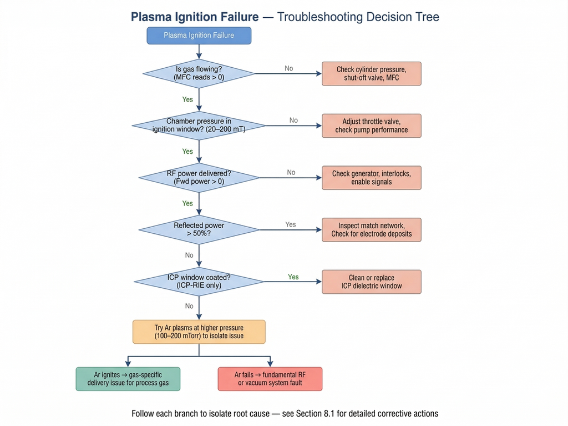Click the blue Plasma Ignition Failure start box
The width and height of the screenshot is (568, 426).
click(199, 36)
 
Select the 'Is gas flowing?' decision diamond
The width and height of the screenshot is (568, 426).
click(199, 73)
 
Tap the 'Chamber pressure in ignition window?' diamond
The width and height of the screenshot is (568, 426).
click(199, 126)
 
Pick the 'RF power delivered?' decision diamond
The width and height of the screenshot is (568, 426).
click(199, 178)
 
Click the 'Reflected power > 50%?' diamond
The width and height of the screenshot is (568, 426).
click(199, 229)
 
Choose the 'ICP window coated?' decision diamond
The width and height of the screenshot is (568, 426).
click(199, 282)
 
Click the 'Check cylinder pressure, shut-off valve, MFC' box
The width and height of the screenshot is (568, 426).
click(371, 73)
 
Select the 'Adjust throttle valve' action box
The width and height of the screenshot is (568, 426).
click(371, 126)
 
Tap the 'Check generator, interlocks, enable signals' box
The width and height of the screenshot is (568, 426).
click(371, 178)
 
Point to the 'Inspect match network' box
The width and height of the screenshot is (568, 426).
click(371, 229)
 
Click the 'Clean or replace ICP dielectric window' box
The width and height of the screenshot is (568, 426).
click(371, 282)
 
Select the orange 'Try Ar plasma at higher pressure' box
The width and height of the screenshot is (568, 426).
click(199, 332)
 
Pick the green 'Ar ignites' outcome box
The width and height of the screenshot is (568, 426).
click(128, 379)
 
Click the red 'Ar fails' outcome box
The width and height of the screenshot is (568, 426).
click(270, 379)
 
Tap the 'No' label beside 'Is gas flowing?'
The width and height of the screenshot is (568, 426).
click(289, 68)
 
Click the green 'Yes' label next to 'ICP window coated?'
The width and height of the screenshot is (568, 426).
click(293, 277)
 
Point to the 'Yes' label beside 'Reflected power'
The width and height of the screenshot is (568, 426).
click(291, 224)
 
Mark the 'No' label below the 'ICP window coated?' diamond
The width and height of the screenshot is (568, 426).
click(189, 306)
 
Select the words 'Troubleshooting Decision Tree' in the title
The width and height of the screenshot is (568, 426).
click(358, 17)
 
